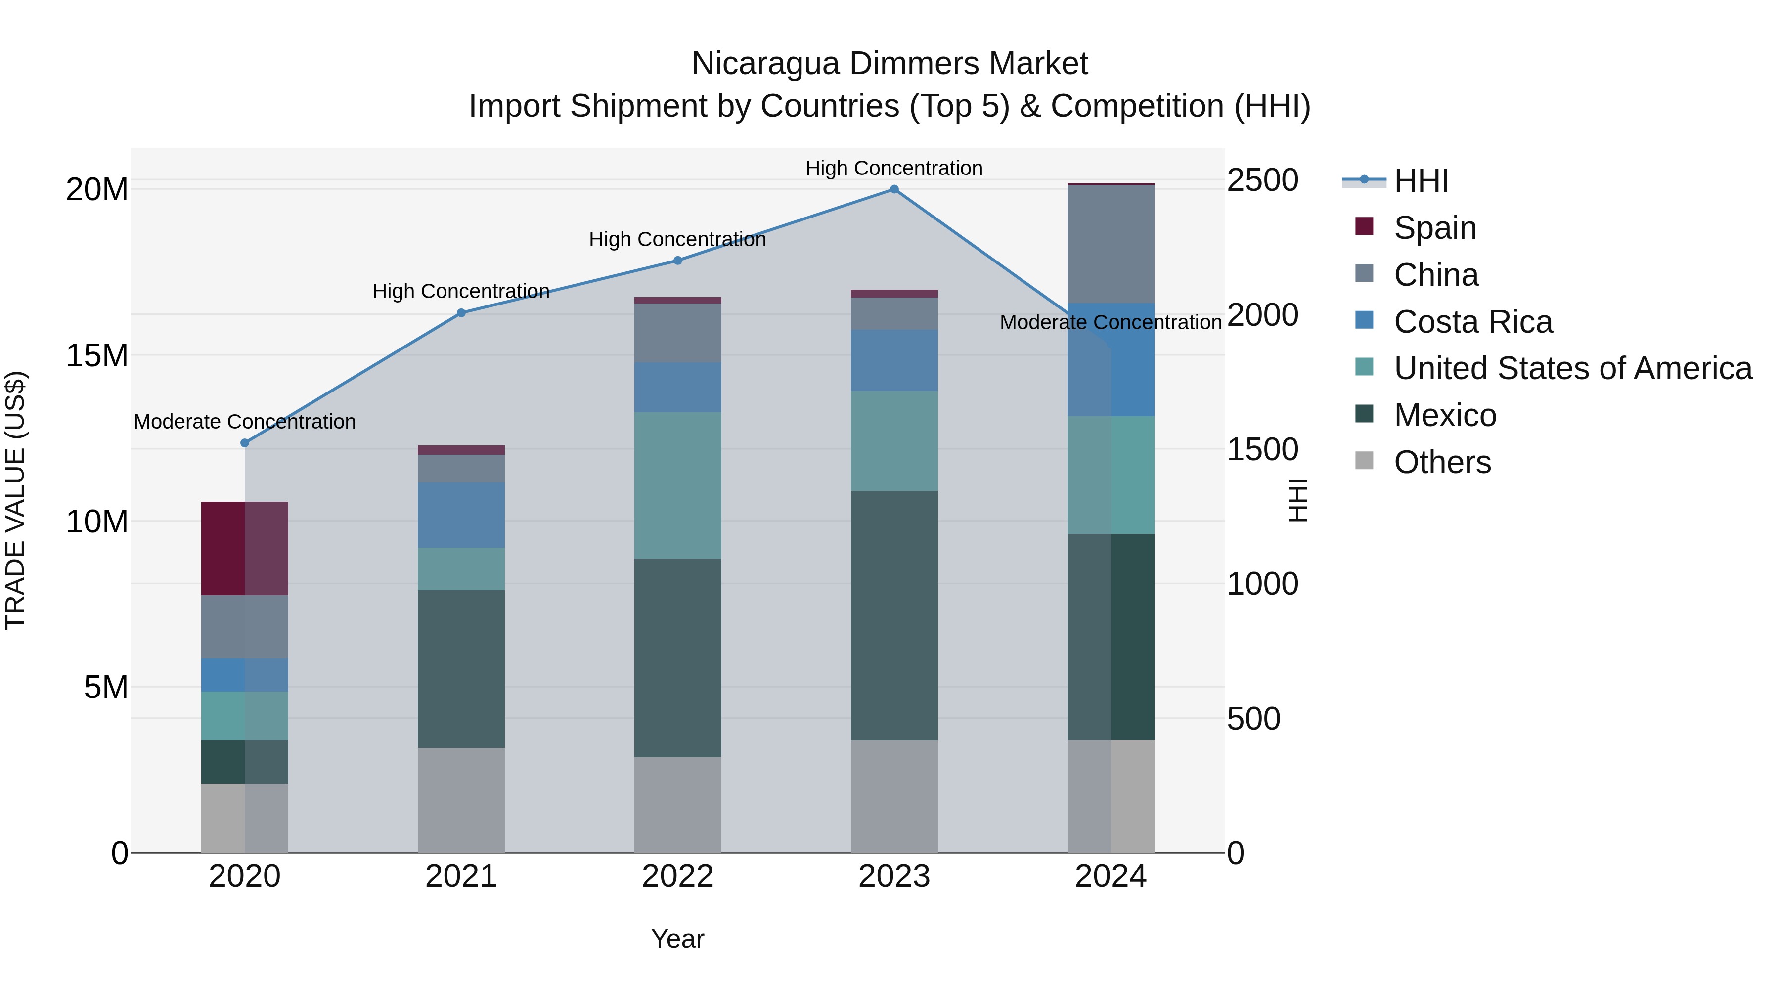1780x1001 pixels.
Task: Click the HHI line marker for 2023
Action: (x=894, y=189)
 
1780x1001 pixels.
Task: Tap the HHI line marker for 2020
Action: (x=245, y=443)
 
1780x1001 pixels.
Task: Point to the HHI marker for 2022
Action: (x=678, y=261)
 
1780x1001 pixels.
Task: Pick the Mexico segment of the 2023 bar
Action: (x=894, y=615)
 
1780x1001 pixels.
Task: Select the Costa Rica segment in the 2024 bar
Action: (x=1111, y=359)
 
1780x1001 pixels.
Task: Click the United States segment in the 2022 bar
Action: (x=678, y=485)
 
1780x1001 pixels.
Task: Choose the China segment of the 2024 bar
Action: (x=1111, y=244)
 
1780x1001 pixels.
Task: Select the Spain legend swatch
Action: (x=1364, y=226)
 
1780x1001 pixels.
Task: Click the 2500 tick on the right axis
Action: (x=1262, y=180)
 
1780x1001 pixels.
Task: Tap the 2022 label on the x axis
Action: (x=678, y=876)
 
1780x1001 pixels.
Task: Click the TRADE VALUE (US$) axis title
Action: (x=16, y=500)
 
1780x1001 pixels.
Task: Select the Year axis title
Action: (x=678, y=939)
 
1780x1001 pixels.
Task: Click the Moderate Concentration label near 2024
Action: (x=1111, y=323)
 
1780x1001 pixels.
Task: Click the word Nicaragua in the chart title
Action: (x=765, y=64)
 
